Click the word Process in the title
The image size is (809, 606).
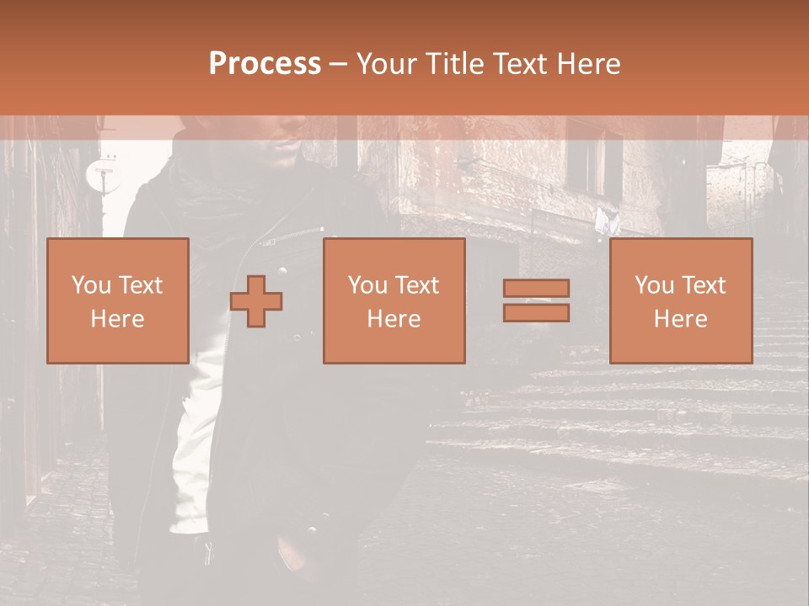click(265, 64)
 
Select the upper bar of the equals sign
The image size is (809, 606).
click(536, 288)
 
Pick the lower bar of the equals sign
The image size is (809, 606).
click(536, 313)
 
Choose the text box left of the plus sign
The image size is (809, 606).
click(117, 300)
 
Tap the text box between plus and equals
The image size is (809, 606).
click(394, 300)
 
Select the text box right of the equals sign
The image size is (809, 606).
click(680, 300)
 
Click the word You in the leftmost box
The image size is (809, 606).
click(89, 285)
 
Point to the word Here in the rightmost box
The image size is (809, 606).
click(680, 319)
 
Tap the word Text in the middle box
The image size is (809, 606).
click(417, 285)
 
